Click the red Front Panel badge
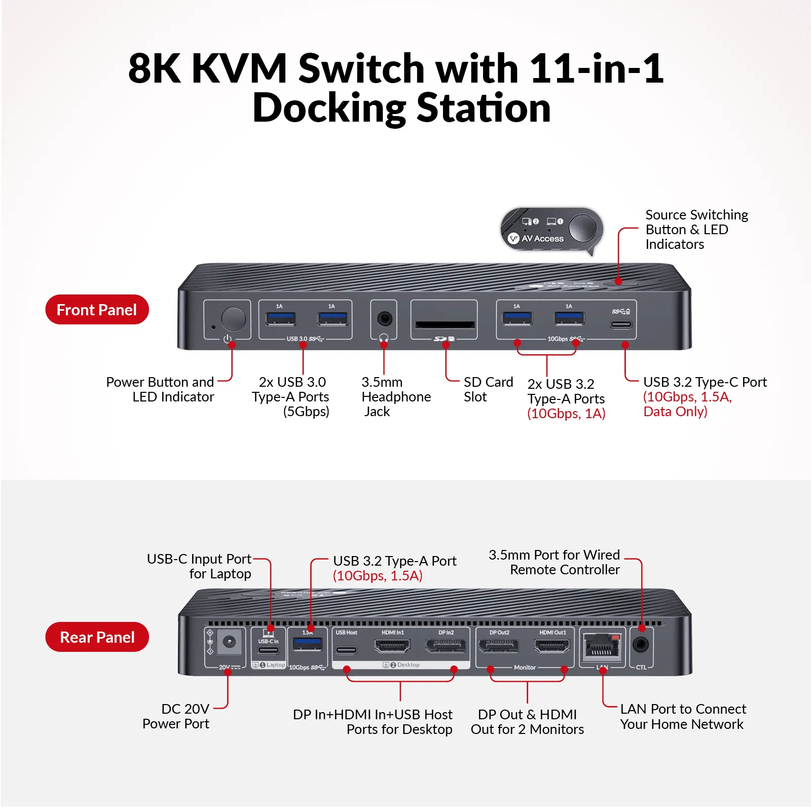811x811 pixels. click(x=97, y=309)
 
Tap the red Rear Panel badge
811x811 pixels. click(x=97, y=637)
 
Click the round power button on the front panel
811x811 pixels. click(x=233, y=319)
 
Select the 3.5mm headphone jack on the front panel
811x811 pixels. click(x=384, y=319)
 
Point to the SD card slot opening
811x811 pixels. click(x=445, y=324)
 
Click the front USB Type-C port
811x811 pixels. click(x=621, y=324)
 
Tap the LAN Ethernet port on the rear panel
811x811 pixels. click(x=602, y=647)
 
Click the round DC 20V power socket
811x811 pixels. click(x=229, y=642)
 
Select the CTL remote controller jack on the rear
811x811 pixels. click(x=641, y=645)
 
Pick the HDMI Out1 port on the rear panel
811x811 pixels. click(x=552, y=646)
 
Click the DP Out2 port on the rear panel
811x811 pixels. click(x=499, y=646)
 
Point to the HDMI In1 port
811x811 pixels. click(x=392, y=646)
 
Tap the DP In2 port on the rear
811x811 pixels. click(x=446, y=646)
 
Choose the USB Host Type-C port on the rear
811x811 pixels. click(x=346, y=650)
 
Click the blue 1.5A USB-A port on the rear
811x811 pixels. click(x=307, y=644)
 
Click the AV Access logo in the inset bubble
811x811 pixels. click(x=536, y=238)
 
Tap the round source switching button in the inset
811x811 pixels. click(x=583, y=228)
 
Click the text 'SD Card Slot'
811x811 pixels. click(x=488, y=389)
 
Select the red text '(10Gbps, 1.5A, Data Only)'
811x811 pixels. click(x=687, y=404)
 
